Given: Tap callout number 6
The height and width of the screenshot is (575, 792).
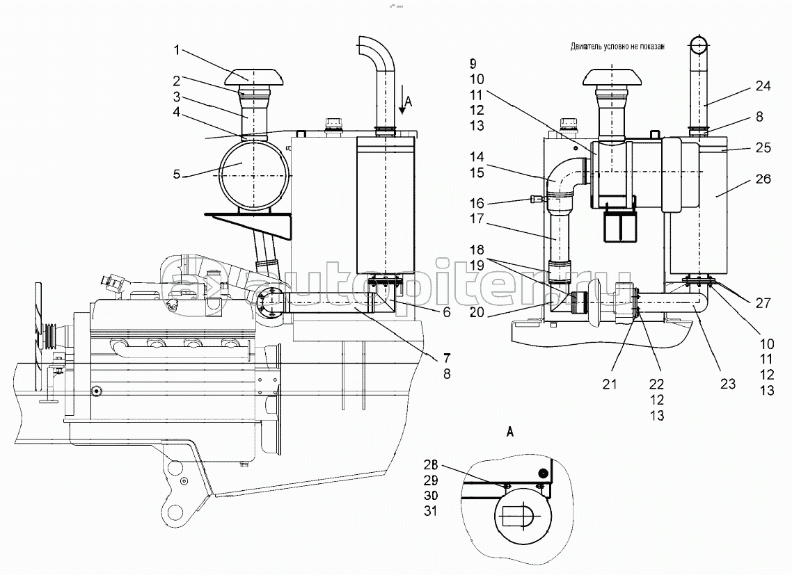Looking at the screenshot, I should point(446,313).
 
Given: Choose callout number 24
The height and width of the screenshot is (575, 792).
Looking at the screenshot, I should point(763,88).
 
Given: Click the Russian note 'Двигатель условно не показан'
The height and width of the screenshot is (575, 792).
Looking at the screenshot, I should point(615,47).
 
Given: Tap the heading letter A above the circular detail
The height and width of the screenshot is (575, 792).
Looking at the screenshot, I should point(510,432).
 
